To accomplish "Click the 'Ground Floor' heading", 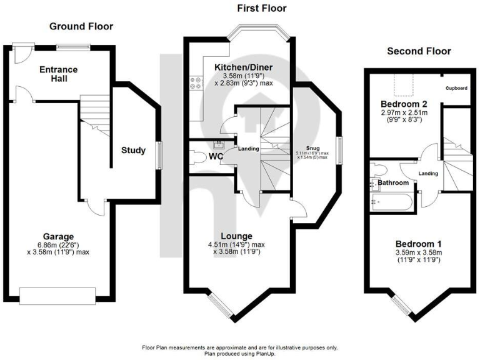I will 81,26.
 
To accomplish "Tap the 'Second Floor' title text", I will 418,51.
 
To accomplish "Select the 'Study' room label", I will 134,150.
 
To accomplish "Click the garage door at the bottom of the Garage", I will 57,294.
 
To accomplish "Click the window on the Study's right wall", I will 160,154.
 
